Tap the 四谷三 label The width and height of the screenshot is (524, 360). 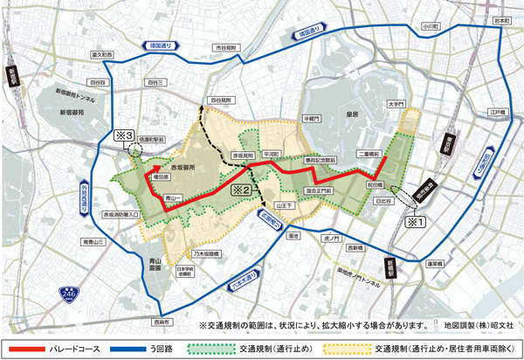[156, 81]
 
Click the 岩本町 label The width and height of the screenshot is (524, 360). [500, 18]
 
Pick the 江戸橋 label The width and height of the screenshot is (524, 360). [498, 113]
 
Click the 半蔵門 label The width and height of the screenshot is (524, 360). [312, 116]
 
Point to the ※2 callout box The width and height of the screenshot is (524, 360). [241, 187]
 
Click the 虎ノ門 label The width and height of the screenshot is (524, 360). [332, 236]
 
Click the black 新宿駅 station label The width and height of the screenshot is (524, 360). [13, 77]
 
